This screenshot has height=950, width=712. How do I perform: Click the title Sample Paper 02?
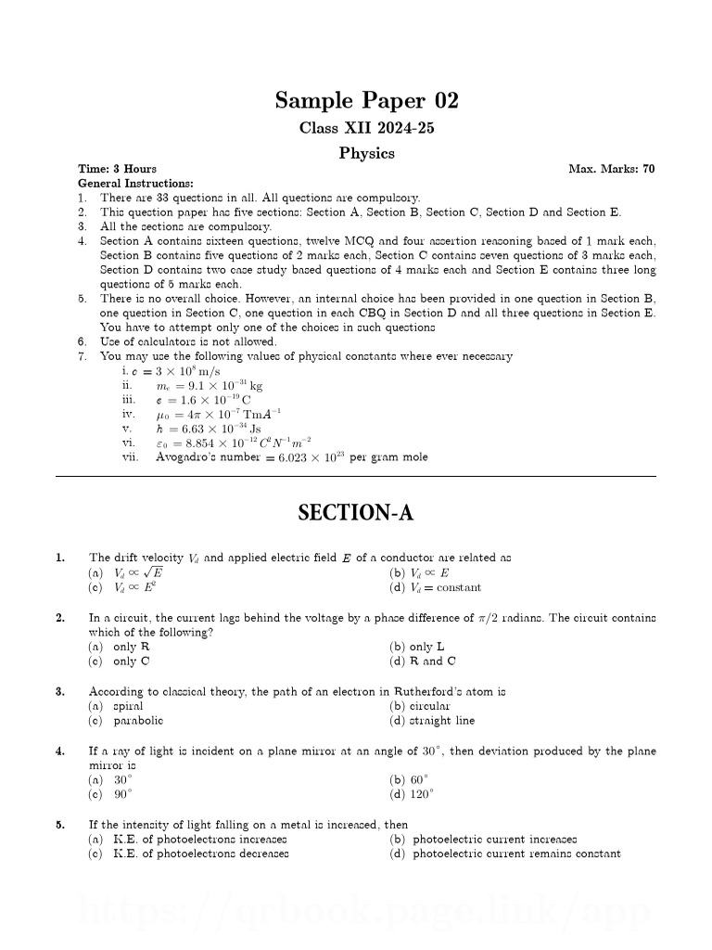pos(366,100)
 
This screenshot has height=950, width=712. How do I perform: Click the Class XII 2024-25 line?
pos(366,128)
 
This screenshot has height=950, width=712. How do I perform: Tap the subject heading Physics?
pos(366,153)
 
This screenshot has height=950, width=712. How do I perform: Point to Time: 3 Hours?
pos(117,169)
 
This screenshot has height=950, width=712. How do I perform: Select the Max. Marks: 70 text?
pos(611,169)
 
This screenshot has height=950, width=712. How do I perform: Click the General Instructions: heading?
pos(134,183)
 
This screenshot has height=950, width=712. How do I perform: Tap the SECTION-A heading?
pos(355,512)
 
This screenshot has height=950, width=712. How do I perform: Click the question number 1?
pos(59,558)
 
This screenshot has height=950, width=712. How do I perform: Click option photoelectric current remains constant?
pos(515,854)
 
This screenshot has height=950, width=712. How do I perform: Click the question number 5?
pos(59,824)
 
